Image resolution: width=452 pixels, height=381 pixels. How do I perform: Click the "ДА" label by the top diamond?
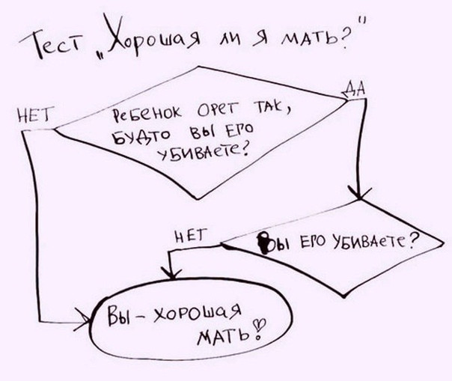tap(354, 89)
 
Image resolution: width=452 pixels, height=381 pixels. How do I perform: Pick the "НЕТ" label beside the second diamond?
tap(191, 236)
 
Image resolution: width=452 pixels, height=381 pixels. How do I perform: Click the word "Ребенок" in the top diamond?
tap(147, 115)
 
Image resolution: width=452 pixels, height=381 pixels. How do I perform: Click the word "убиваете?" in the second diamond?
tap(376, 242)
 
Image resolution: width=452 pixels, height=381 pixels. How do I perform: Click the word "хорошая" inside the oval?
tap(198, 314)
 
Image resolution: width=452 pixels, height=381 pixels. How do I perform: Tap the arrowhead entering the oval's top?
tap(171, 272)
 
